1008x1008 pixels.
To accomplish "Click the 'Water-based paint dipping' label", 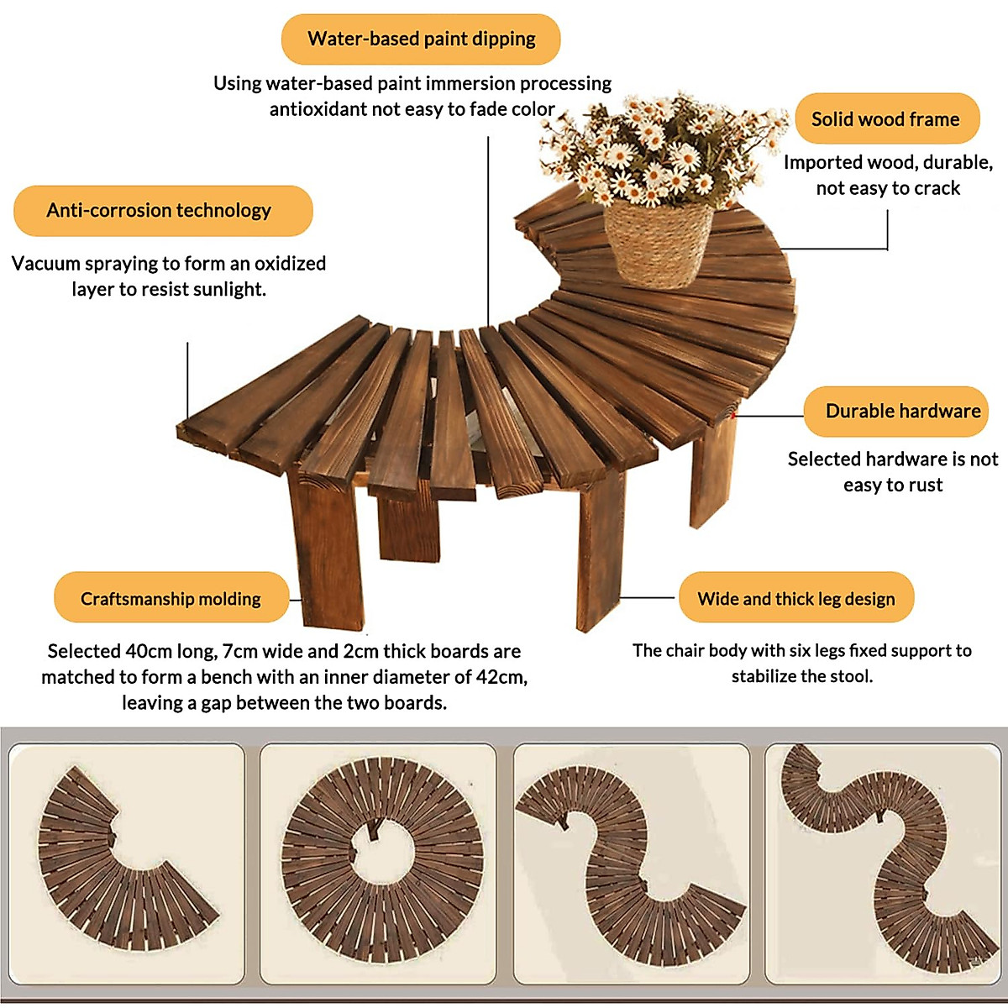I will coord(421,39).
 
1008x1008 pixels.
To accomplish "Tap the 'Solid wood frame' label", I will coord(885,119).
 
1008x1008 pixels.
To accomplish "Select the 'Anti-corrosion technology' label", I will coord(159,210).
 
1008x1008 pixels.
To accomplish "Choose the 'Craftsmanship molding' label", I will coord(171,599).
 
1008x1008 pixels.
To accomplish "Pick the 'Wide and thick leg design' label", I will coord(795,599).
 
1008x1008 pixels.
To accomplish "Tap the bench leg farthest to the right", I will coord(711,470).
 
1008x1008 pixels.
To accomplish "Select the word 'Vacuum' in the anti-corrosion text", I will coord(42,264).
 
